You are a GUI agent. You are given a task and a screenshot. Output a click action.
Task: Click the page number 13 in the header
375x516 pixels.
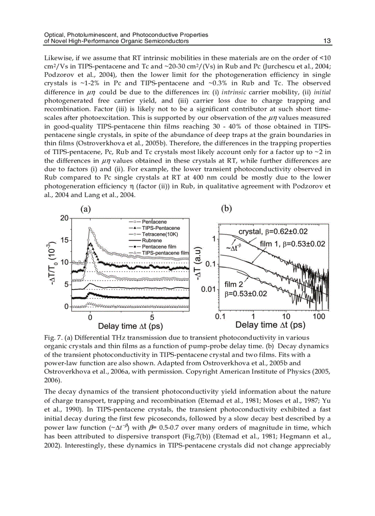pos(328,41)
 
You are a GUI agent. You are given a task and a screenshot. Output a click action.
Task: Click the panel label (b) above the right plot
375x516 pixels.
pos(226,208)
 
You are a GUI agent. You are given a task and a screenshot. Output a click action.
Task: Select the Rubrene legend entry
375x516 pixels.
pos(154,240)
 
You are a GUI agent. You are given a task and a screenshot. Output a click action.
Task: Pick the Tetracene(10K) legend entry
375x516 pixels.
pos(160,234)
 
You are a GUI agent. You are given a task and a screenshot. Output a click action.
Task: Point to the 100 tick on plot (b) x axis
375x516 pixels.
pos(318,317)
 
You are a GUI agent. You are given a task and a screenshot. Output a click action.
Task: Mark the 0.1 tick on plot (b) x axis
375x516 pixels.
pos(220,317)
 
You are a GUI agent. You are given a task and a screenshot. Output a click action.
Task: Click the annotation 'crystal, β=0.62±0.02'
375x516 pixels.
pos(273,231)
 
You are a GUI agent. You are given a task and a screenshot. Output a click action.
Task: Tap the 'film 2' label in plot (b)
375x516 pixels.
pos(234,284)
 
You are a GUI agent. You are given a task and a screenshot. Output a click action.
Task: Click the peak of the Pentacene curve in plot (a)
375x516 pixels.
pos(90,228)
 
